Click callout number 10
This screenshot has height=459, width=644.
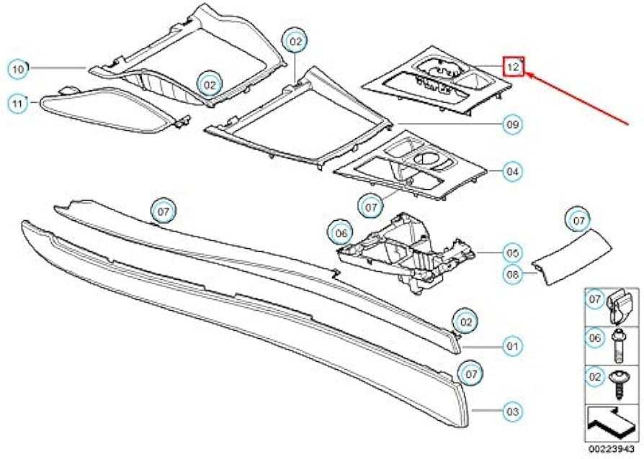pyautogui.click(x=18, y=69)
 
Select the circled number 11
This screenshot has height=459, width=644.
pyautogui.click(x=17, y=104)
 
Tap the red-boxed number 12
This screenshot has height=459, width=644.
pyautogui.click(x=514, y=66)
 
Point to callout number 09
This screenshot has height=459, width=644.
pyautogui.click(x=513, y=124)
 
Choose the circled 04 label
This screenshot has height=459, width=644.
pyautogui.click(x=512, y=171)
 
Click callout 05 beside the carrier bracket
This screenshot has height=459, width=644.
pyautogui.click(x=512, y=253)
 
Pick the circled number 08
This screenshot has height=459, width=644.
pyautogui.click(x=513, y=274)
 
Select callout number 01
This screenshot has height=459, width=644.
pyautogui.click(x=512, y=346)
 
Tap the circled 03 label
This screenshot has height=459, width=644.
pyautogui.click(x=513, y=411)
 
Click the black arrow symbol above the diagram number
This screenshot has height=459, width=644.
pyautogui.click(x=612, y=423)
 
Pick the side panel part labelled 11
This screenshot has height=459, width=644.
pyautogui.click(x=115, y=109)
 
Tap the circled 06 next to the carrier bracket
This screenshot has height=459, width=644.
pyautogui.click(x=341, y=233)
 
